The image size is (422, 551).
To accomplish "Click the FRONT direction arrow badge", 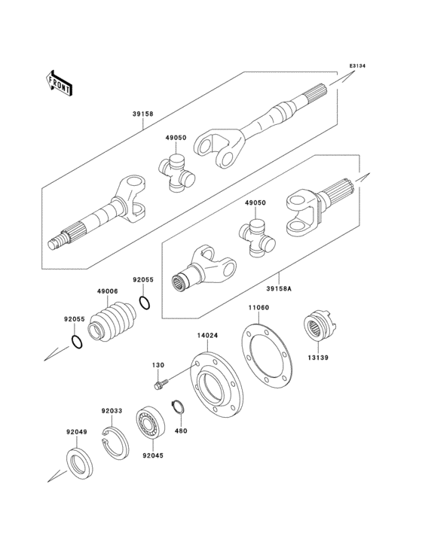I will (60, 82).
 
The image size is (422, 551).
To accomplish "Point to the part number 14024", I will (209, 336).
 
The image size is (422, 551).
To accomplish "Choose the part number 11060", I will (259, 309).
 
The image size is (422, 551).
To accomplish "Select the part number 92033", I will (112, 411).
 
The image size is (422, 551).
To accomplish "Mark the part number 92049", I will (76, 432).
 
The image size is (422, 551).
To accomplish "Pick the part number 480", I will (181, 431).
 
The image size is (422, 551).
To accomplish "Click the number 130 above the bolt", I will (157, 365).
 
